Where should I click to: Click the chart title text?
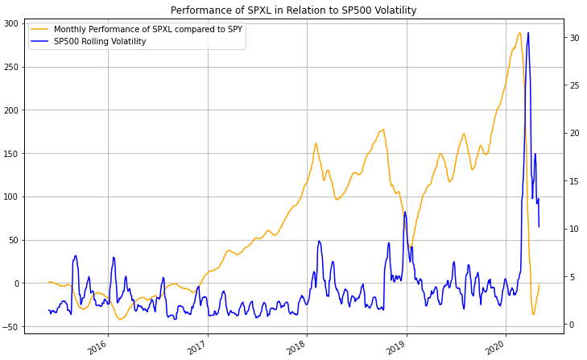point(293,10)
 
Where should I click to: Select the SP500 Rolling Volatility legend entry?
point(100,42)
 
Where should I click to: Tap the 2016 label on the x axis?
point(97,347)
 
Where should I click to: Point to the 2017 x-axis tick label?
point(196,347)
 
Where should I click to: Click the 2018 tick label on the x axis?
point(296,347)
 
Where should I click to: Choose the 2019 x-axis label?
point(395,347)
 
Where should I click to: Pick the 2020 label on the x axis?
point(494,347)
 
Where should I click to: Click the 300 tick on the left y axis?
point(12,23)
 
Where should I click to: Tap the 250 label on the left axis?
point(12,67)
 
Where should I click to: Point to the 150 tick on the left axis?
point(12,153)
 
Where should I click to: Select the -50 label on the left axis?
point(10,326)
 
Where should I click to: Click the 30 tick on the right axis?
point(573,37)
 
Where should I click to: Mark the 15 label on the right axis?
point(573,181)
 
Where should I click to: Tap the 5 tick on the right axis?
point(571,277)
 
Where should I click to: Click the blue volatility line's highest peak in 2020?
point(527,33)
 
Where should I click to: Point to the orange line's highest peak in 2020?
point(519,33)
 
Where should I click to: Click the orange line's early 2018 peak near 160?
point(316,143)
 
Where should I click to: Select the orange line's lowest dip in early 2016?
point(121,320)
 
